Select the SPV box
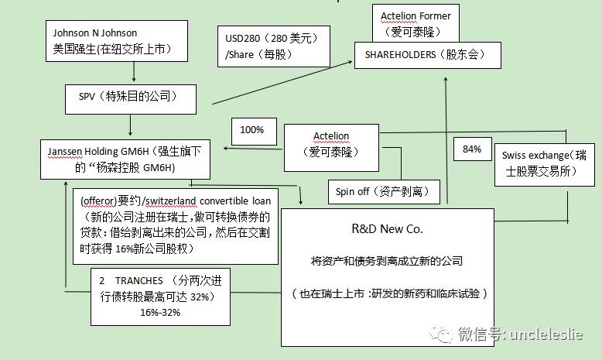coord(129,97)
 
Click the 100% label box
coord(251,130)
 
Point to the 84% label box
coord(472,149)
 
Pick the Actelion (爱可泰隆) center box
coord(331,147)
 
